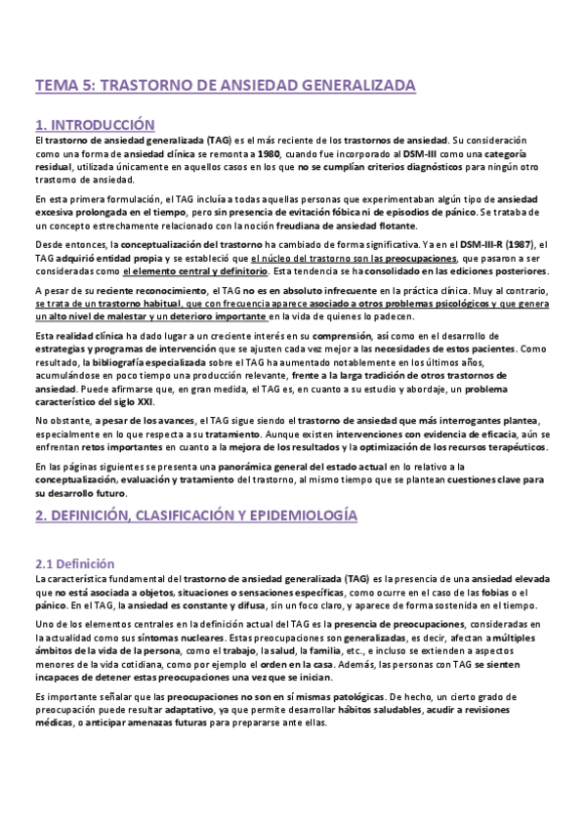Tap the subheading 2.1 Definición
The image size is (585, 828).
click(x=74, y=564)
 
